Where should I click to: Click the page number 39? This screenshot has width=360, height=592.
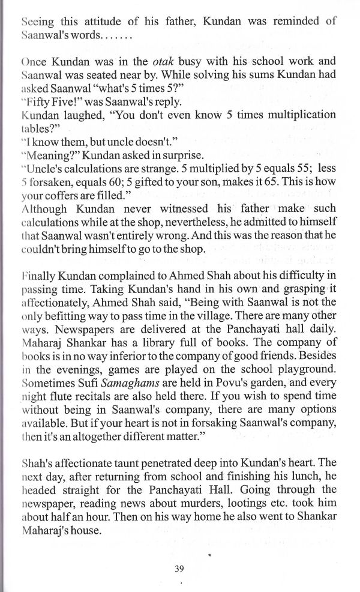pos(179,569)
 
